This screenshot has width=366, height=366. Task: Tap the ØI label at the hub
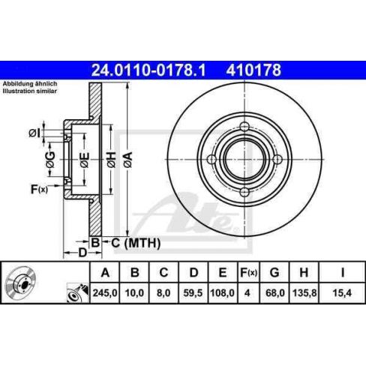point(34,133)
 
